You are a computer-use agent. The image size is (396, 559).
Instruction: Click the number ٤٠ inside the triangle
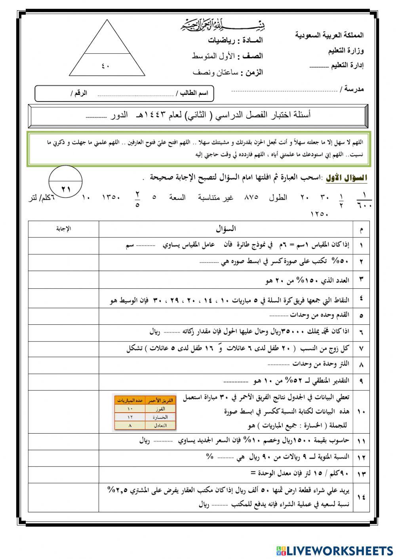coord(105,66)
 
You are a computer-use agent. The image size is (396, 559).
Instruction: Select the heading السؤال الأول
coord(346,178)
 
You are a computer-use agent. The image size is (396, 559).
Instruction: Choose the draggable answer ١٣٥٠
coord(111,197)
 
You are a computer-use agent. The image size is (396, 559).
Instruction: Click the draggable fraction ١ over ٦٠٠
coord(364,201)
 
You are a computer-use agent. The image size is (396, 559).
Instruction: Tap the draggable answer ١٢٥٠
coord(320,214)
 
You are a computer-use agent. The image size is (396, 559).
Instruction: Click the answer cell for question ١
coord(63,245)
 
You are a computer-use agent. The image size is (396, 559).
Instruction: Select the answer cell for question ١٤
coord(63,497)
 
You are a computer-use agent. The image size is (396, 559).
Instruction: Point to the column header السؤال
coord(226,229)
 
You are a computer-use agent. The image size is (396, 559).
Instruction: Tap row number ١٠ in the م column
coord(361,412)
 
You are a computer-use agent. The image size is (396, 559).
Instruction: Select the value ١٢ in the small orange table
coord(130,417)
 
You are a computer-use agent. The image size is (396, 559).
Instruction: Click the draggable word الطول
coord(281,197)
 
